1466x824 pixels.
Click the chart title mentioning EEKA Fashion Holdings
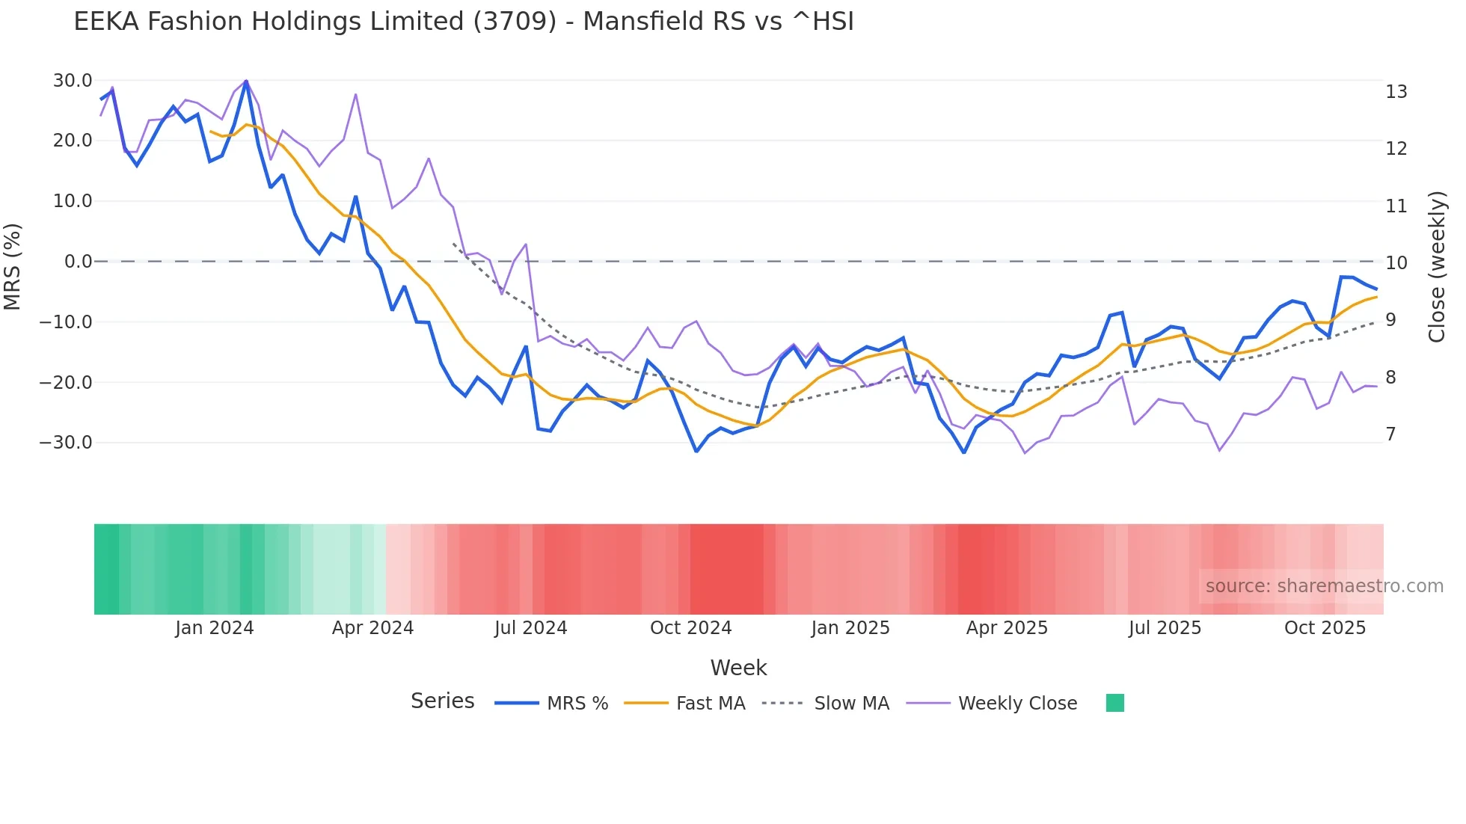464,22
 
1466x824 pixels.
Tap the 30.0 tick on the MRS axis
73,81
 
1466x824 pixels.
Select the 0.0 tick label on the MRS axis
79,262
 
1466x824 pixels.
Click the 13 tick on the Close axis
1396,92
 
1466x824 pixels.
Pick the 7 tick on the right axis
1390,434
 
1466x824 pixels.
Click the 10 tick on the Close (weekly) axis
1396,263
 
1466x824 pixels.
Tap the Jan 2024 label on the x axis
215,628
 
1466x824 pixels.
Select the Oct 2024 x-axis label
690,628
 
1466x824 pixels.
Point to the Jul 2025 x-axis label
1165,628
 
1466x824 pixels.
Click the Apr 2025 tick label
1007,628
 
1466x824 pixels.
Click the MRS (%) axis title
13,266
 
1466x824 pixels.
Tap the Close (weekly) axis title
1437,267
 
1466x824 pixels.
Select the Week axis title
738,668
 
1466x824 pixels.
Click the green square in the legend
1114,704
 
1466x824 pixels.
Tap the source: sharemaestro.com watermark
1324,586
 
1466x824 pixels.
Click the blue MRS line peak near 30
246,82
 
